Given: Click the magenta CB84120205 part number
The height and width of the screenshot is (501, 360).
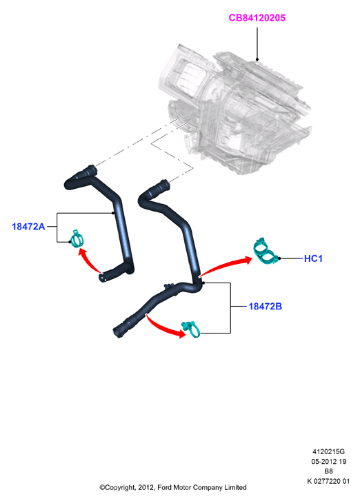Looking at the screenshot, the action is (x=257, y=18).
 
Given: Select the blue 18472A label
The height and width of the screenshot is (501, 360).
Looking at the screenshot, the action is (x=28, y=227).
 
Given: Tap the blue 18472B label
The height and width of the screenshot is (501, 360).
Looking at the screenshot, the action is (x=265, y=307).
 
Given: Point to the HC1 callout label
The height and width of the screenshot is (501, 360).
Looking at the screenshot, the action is (x=313, y=258).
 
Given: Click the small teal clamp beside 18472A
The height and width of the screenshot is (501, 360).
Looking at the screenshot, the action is (x=77, y=239).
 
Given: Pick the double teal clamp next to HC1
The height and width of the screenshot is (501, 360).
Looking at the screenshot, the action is (x=265, y=251).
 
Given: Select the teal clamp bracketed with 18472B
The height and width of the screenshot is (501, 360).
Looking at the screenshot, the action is (x=191, y=329).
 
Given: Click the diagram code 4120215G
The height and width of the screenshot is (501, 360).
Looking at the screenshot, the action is (x=328, y=451).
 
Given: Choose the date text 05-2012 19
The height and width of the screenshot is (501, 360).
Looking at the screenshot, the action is (x=329, y=462).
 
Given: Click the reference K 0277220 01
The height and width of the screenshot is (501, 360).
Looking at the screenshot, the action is (x=328, y=481).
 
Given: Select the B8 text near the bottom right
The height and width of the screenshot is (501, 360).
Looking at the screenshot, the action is (x=329, y=471).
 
